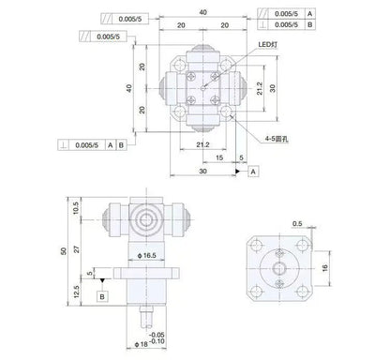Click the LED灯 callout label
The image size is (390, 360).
(x=267, y=45)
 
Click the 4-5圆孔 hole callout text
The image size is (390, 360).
(x=277, y=139)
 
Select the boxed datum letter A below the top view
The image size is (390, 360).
(x=253, y=172)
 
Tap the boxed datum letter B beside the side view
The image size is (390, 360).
(x=102, y=296)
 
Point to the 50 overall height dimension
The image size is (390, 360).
(x=64, y=251)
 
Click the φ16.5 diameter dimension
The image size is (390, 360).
(x=147, y=256)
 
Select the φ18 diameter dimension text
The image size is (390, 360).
(x=141, y=344)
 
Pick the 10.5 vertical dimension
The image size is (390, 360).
(x=76, y=208)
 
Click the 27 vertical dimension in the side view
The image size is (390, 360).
(x=76, y=249)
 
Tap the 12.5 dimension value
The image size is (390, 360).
(x=76, y=292)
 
